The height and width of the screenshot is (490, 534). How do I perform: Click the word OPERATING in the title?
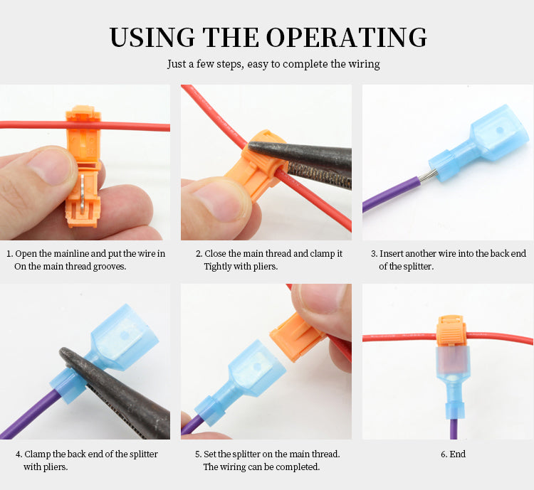(346, 37)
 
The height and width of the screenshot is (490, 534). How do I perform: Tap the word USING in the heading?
(152, 37)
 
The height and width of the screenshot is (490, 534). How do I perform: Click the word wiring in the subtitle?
(364, 64)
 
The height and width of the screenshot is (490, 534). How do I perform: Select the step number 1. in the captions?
(10, 253)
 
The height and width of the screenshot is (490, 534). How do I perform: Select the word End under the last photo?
(457, 454)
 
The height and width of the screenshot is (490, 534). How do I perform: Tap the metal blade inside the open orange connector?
(83, 195)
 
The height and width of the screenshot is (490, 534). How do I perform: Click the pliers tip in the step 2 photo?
(251, 146)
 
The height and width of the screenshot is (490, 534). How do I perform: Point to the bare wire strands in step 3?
(424, 176)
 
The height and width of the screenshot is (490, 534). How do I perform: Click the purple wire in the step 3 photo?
(391, 194)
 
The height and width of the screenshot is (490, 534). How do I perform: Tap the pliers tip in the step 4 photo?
(63, 352)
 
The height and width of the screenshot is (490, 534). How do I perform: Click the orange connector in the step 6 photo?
(451, 331)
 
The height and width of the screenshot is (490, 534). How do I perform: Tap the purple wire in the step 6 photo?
(454, 429)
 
